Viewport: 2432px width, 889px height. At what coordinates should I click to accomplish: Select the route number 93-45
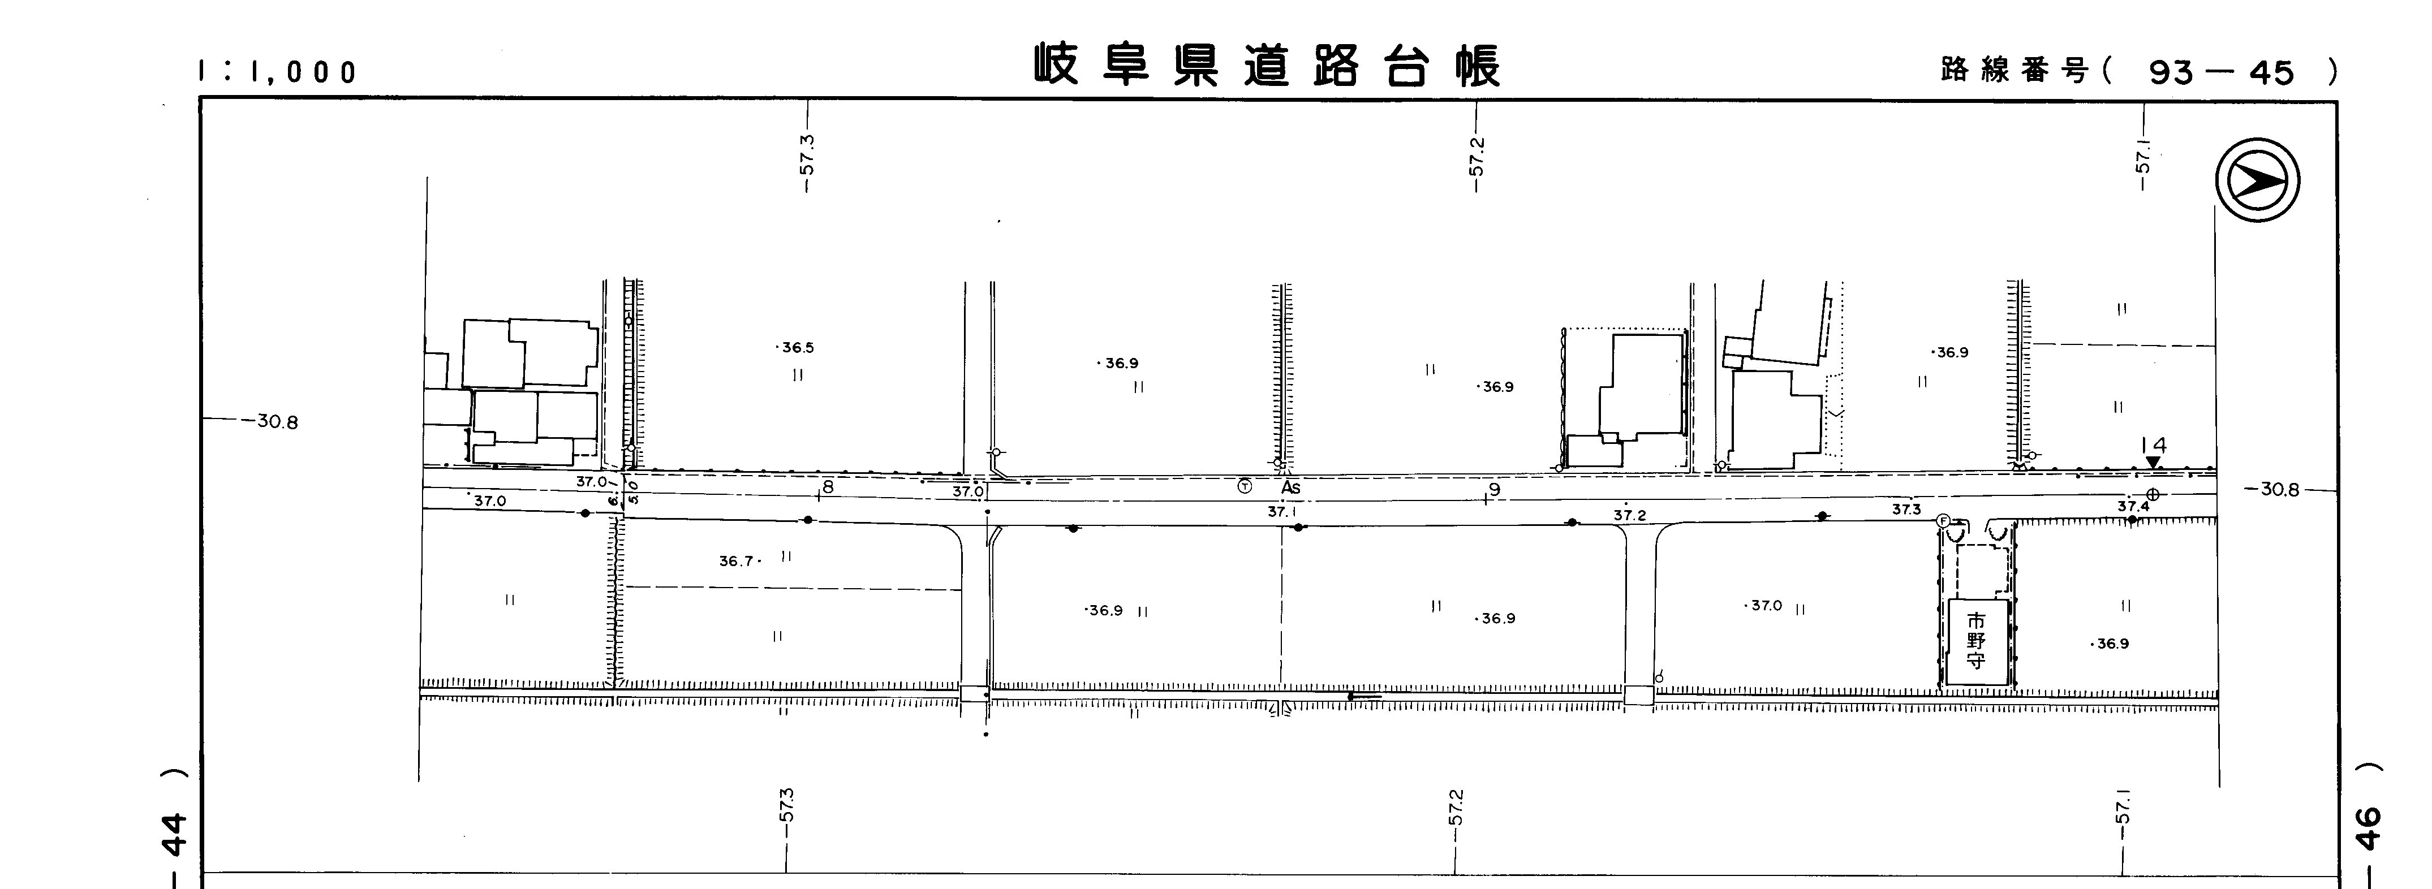click(x=2220, y=72)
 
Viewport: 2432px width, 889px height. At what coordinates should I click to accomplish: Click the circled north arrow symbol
click(x=2257, y=180)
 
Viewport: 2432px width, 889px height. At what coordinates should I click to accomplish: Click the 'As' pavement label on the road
click(x=1290, y=488)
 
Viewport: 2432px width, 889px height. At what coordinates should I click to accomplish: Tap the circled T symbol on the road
click(x=1245, y=486)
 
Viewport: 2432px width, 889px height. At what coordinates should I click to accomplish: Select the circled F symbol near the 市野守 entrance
click(x=1943, y=520)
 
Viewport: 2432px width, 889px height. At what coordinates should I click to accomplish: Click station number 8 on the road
click(x=828, y=487)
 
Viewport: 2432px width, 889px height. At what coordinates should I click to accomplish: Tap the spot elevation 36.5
click(x=796, y=347)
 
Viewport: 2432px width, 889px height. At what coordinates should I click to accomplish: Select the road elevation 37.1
click(x=1281, y=511)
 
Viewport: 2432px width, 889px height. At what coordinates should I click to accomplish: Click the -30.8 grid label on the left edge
click(x=276, y=422)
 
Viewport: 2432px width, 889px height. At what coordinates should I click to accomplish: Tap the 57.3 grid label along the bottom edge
click(x=786, y=805)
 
